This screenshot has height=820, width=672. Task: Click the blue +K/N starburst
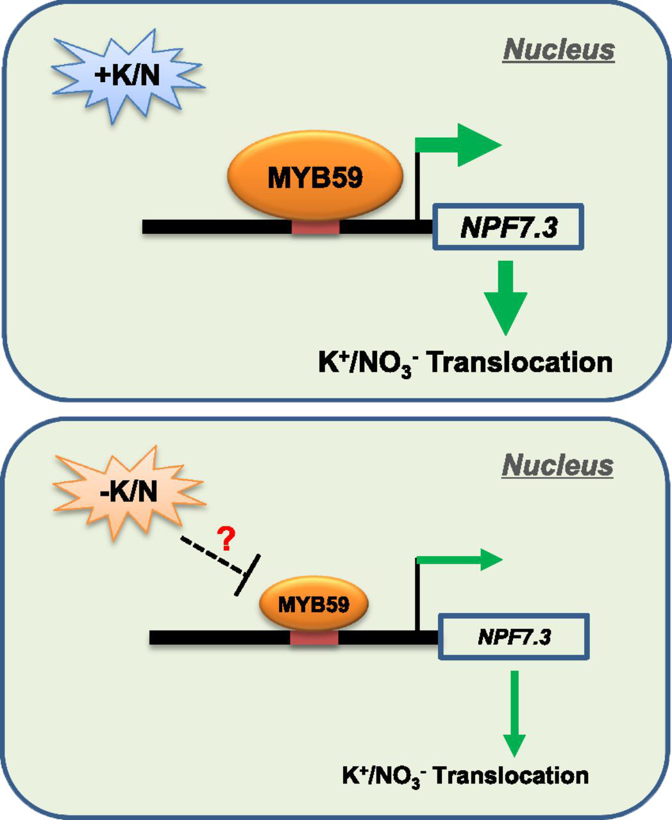[127, 76]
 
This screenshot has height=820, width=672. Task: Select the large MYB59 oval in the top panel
[315, 177]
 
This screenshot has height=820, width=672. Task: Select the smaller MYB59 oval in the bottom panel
[314, 604]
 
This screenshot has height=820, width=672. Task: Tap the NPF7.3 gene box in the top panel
[508, 227]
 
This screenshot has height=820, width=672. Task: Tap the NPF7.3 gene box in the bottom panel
[514, 637]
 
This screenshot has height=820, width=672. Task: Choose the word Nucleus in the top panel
[559, 50]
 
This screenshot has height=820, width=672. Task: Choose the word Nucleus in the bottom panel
[558, 465]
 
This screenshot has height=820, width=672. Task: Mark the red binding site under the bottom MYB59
[314, 638]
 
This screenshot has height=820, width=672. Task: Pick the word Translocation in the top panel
[519, 363]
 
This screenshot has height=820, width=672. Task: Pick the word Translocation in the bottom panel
[517, 776]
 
